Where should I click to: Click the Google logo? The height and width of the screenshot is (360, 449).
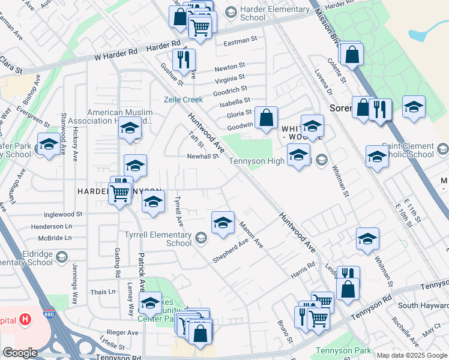coord(20,353)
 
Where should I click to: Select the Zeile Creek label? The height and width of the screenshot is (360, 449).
coord(184,100)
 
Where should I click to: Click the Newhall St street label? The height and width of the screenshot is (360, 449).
coord(202,156)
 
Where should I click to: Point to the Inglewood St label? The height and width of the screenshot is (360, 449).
coord(62,214)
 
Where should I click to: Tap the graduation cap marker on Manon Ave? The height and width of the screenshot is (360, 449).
coord(223,223)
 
